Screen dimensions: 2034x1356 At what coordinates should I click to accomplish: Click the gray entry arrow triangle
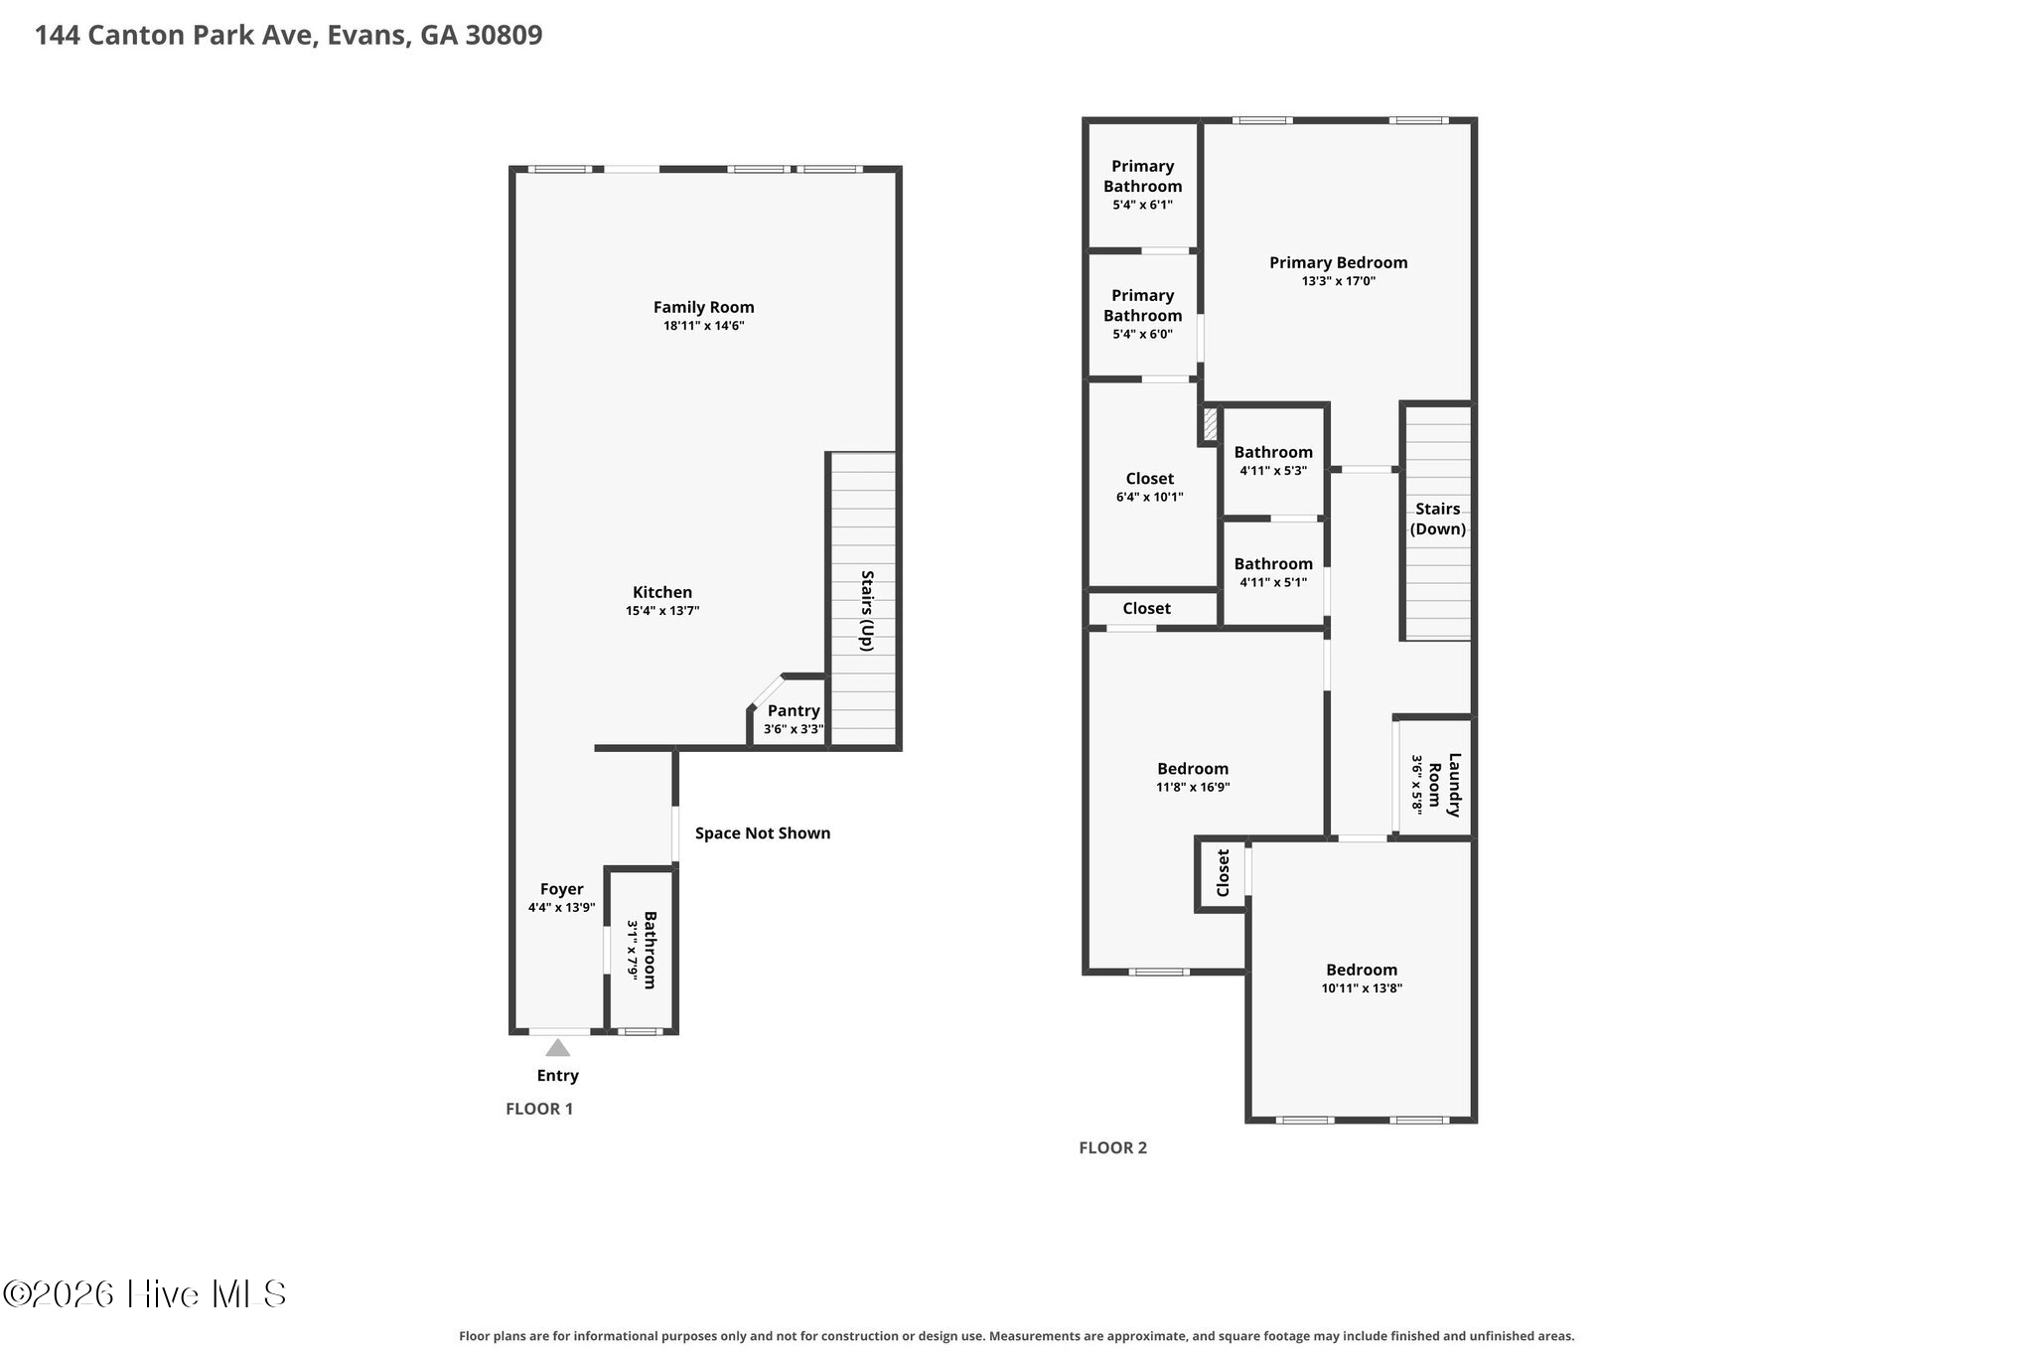(558, 1047)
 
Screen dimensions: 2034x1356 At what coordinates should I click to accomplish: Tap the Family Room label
(704, 307)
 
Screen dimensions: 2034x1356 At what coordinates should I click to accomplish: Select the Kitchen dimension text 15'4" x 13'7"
(662, 611)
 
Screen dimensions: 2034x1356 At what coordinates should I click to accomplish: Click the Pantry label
(794, 710)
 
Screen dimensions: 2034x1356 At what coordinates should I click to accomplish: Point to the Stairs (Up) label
(866, 610)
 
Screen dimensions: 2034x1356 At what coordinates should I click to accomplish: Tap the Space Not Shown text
(763, 832)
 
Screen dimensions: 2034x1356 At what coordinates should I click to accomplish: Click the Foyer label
(561, 889)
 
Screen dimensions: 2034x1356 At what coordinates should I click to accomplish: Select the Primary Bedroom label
(1339, 262)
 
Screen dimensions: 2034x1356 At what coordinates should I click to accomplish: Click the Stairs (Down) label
(1438, 519)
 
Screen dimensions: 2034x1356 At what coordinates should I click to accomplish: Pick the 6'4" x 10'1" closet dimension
(1150, 497)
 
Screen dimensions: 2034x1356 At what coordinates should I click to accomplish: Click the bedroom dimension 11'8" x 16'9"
(1193, 787)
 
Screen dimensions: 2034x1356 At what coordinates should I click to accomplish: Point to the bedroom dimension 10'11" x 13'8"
(1362, 988)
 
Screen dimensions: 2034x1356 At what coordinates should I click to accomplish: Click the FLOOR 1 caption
(539, 1109)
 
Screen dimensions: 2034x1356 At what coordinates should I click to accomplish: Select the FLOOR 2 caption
(1113, 1147)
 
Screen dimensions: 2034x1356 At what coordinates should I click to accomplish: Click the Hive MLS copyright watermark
(145, 1293)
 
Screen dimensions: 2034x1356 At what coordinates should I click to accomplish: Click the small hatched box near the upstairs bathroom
(1210, 425)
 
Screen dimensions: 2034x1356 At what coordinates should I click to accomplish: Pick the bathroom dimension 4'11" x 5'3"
(1273, 471)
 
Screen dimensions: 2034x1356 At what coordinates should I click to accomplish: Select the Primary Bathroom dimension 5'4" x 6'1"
(1142, 205)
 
